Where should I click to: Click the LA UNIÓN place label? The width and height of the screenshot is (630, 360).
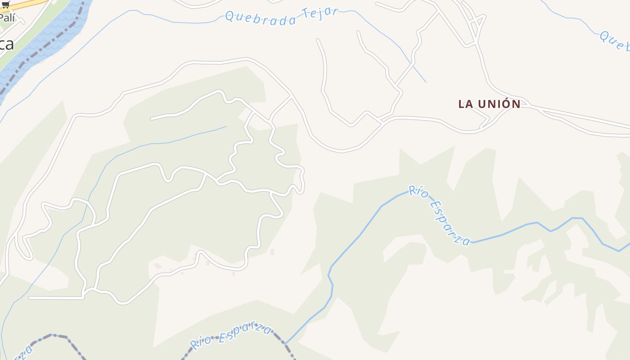tap(489, 104)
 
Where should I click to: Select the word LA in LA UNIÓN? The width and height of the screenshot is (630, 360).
tap(466, 104)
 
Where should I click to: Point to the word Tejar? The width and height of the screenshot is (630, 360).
tap(320, 12)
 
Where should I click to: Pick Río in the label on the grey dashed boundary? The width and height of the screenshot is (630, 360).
tap(200, 342)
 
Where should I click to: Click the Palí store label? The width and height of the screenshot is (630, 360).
tap(7, 18)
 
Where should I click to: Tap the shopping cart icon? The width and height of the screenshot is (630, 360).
tap(6, 4)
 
